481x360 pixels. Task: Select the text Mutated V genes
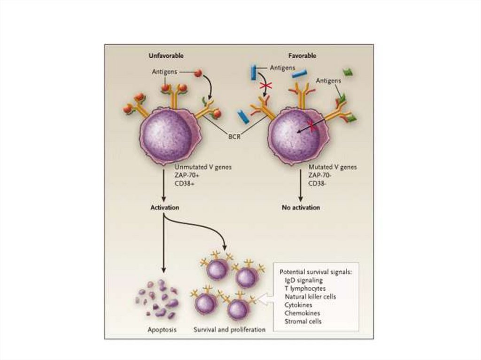[x=333, y=167]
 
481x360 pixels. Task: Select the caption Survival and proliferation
[x=229, y=329]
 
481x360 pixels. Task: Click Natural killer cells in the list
[x=310, y=297]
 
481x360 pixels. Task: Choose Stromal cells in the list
[x=303, y=322]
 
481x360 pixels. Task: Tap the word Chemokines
[x=302, y=313]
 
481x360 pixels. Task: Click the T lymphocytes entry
[x=305, y=289]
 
